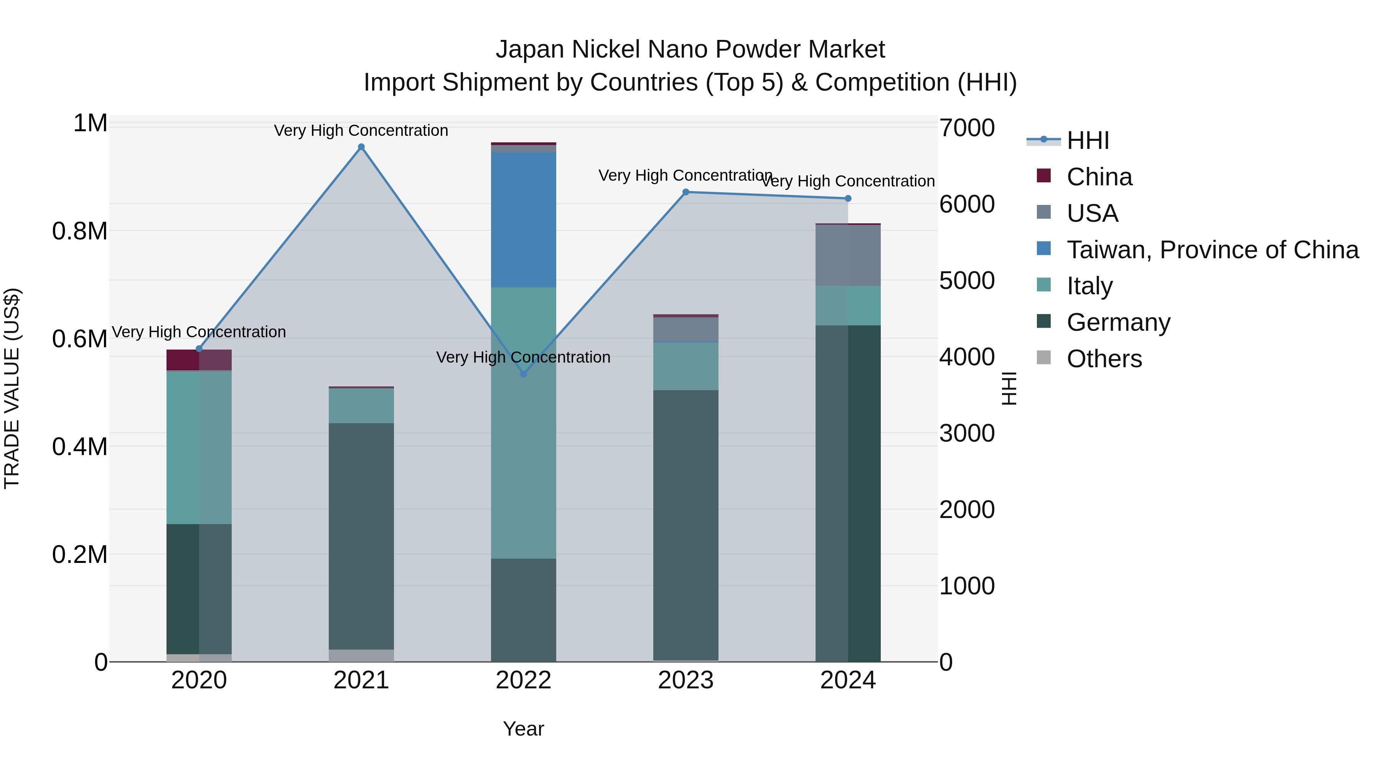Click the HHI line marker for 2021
361,147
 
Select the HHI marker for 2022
524,374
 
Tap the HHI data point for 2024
847,198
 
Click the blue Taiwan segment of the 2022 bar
523,220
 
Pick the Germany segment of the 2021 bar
361,536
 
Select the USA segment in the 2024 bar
847,255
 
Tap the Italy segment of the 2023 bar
686,366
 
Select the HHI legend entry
1088,140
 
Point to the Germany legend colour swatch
1043,322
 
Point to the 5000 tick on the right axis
967,280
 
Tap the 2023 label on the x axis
686,680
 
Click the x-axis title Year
523,729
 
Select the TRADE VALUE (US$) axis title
12,388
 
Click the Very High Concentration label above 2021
361,130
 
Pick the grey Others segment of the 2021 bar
361,655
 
